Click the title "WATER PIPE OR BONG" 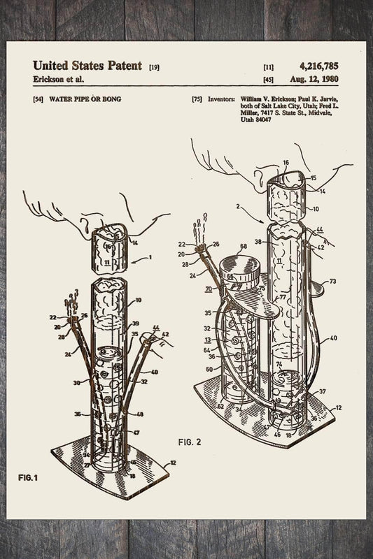85,100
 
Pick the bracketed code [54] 38,100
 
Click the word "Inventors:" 220,100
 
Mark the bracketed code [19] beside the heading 154,67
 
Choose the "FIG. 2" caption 189,442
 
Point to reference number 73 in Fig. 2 332,281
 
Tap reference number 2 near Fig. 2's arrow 239,208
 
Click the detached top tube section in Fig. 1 108,248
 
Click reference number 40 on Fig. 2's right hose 332,338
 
